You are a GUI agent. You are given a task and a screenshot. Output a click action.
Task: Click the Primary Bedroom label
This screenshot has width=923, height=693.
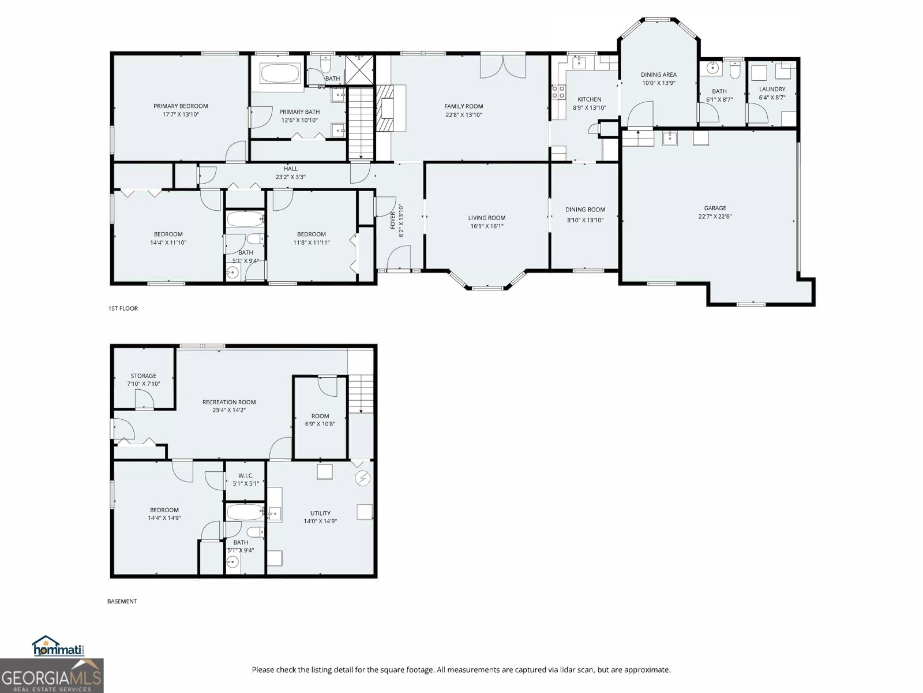181,106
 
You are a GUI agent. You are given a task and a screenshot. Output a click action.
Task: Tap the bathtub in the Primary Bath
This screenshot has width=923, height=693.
280,74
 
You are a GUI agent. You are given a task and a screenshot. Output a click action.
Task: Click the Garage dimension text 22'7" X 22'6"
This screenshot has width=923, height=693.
715,217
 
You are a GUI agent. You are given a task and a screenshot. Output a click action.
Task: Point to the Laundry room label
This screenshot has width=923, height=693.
772,90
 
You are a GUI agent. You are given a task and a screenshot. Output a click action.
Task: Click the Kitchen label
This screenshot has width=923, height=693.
589,99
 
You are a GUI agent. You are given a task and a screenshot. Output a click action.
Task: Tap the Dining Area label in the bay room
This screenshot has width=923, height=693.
658,74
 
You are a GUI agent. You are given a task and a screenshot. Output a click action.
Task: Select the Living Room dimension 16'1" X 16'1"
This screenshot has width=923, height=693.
487,226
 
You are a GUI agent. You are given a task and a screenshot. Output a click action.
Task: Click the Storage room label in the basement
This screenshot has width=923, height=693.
143,376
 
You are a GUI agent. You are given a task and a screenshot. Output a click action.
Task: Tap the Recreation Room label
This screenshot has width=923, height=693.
229,403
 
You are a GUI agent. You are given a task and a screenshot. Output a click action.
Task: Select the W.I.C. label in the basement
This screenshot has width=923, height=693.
246,476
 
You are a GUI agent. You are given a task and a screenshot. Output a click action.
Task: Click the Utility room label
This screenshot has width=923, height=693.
320,513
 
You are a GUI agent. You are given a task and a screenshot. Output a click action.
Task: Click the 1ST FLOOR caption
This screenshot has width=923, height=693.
123,308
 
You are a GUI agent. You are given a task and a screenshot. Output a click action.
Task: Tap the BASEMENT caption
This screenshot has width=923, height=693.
122,601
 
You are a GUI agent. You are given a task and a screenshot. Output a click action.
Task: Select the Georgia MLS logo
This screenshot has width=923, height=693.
51,676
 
